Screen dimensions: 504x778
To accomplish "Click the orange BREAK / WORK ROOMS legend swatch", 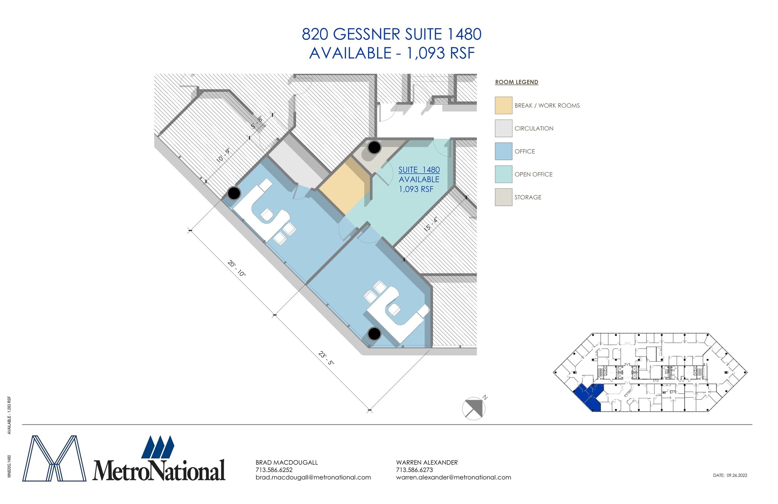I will pos(503,105).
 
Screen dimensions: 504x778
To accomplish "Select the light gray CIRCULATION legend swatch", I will pos(503,128).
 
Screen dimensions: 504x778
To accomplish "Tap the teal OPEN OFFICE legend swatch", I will pos(503,174).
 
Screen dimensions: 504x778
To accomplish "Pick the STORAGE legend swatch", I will pos(503,197).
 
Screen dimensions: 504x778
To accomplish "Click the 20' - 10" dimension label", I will pos(237,269).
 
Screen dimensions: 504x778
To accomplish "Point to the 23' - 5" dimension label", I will pos(326,358).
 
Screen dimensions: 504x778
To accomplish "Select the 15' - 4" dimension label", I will pos(431,224).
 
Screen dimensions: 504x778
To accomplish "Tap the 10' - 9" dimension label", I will pos(223,156).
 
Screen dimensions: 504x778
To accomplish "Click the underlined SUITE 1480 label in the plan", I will pos(419,170).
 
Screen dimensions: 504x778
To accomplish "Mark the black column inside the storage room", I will pos(375,147).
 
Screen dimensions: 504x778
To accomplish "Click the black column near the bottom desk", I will pos(375,334).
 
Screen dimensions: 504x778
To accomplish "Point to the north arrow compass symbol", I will pos(474,409).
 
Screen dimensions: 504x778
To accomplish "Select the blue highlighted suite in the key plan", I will pos(588,397).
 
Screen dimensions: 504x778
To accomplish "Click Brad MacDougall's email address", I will pos(313,477).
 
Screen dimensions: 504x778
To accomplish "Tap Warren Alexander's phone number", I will pos(414,470).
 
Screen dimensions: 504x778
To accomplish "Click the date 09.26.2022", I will pos(737,475).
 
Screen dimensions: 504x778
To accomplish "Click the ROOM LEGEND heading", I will pos(517,82).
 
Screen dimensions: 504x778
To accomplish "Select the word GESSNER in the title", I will pos(367,35).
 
